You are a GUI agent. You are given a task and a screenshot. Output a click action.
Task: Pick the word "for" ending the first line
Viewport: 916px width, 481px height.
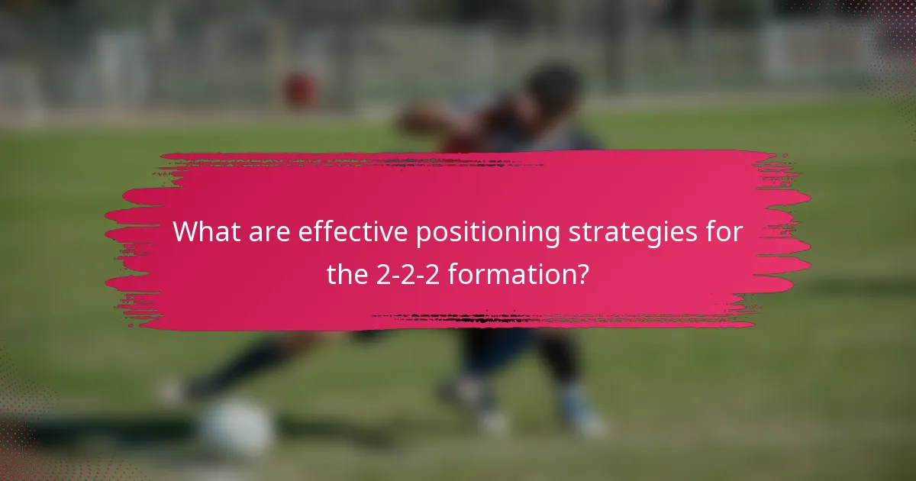pos(721,232)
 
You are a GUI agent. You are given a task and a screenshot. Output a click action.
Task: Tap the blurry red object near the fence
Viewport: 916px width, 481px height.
pos(301,89)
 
